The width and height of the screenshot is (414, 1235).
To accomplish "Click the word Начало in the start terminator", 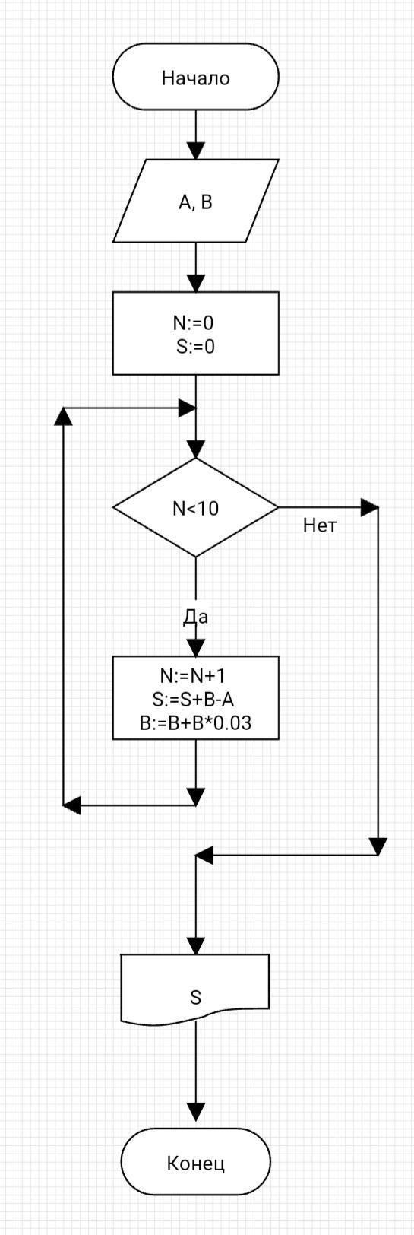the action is click(195, 78).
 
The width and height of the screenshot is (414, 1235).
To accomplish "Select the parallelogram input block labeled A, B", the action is click(195, 201).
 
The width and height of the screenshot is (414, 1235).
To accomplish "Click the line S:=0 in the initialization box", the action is click(195, 347).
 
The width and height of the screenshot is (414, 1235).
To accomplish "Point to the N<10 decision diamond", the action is click(195, 507).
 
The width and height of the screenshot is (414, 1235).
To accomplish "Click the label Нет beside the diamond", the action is click(320, 525).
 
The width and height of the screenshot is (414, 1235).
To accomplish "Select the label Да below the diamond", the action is click(195, 617).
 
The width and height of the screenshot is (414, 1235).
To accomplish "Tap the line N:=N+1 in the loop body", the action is click(193, 676).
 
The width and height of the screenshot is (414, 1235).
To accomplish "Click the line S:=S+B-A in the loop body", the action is click(193, 700).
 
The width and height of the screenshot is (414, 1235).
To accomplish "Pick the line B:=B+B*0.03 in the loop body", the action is click(195, 722).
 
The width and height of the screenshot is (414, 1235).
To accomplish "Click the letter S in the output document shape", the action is click(195, 998).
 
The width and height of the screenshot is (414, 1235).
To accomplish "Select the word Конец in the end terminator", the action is click(195, 1164).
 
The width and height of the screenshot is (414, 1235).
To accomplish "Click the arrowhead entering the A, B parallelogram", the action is click(195, 151).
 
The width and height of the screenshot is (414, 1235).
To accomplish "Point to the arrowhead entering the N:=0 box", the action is click(195, 284).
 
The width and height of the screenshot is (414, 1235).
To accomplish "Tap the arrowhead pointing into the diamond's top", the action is click(195, 449).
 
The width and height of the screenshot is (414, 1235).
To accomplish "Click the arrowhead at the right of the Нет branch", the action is click(370, 507).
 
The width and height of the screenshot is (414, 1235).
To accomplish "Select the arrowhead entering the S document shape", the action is click(195, 946).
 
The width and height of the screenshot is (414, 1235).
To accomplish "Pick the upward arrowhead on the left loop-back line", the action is click(64, 417).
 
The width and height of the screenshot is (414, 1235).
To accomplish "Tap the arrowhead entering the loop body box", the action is click(195, 648).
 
